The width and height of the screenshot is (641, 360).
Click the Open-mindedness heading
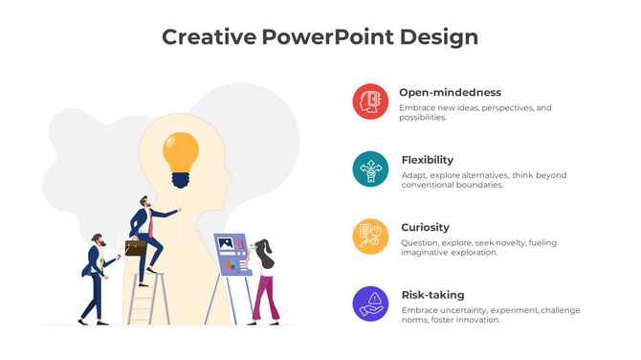pyautogui.click(x=450, y=93)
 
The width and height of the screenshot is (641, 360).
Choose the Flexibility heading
pyautogui.click(x=428, y=160)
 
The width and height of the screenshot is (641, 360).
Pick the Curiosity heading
pyautogui.click(x=425, y=227)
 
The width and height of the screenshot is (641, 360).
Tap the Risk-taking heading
pyautogui.click(x=432, y=295)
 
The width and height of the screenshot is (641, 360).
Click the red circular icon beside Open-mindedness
pyautogui.click(x=370, y=101)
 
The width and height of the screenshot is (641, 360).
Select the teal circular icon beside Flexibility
pyautogui.click(x=370, y=169)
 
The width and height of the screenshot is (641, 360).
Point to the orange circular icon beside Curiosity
pyautogui.click(x=370, y=236)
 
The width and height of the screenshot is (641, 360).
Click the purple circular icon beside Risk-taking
pyautogui.click(x=370, y=303)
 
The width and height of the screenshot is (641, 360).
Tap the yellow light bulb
pyautogui.click(x=181, y=151)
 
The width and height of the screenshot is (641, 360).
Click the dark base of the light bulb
pyautogui.click(x=181, y=178)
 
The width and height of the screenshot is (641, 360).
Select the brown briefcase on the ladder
pyautogui.click(x=136, y=248)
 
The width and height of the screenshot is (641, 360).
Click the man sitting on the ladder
pyautogui.click(x=148, y=235)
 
